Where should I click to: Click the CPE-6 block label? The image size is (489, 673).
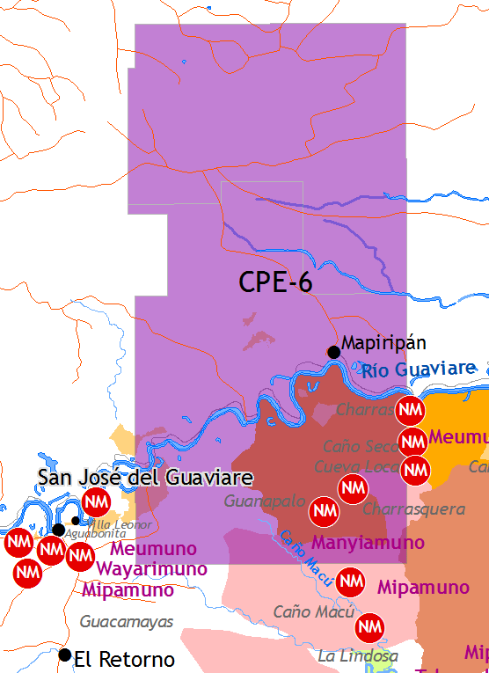(275, 282)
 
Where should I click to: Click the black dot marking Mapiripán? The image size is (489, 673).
(334, 353)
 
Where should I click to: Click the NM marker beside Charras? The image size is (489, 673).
(410, 410)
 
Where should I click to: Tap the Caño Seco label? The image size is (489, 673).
(361, 446)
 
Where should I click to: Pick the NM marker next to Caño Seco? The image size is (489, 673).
(413, 442)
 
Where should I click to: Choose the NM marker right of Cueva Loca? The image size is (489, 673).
(415, 470)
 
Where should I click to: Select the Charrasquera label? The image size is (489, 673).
(401, 509)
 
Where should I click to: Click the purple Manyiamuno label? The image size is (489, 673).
(369, 542)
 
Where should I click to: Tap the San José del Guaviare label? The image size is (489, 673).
(145, 478)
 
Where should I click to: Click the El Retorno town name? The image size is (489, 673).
(124, 659)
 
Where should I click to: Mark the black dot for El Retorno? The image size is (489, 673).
(64, 655)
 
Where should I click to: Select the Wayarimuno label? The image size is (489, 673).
(151, 569)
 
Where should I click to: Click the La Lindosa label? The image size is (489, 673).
(358, 656)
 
